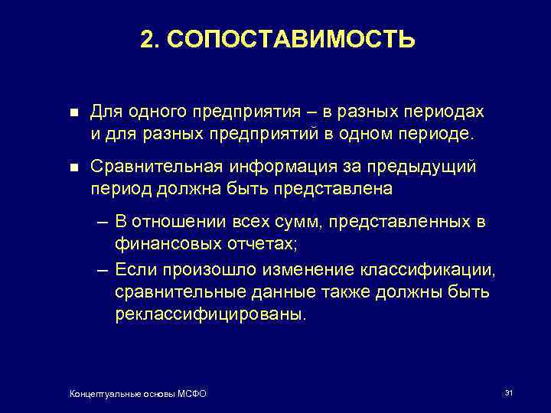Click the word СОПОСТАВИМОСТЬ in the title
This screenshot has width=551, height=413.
coord(290,39)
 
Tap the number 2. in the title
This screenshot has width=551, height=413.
coord(150,39)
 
